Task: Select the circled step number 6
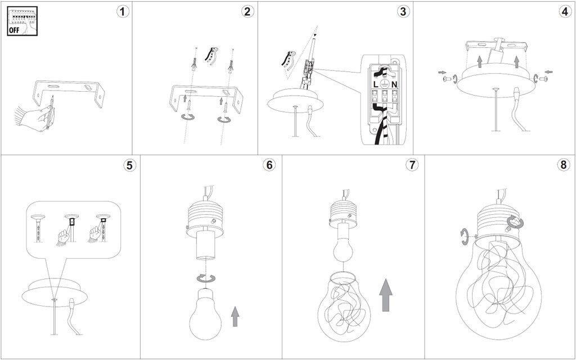click(269, 165)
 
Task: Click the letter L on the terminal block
click(375, 84)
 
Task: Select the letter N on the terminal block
click(395, 84)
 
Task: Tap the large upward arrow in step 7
click(385, 295)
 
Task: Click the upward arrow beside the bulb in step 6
click(235, 317)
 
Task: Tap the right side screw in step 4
click(543, 79)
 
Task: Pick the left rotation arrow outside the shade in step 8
click(465, 236)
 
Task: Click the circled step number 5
click(130, 165)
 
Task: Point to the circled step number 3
click(402, 12)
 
